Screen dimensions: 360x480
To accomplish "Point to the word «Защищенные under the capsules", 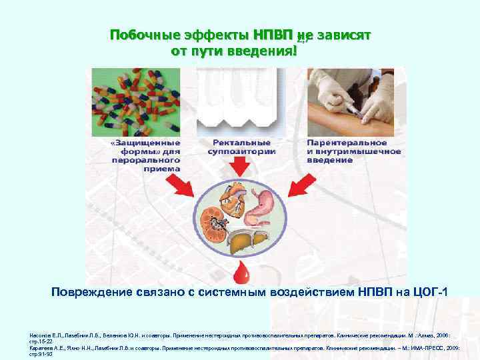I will pos(145,142).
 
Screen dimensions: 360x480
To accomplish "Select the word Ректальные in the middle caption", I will pos(241,142).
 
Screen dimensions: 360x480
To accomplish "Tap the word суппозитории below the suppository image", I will pos(241,151).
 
